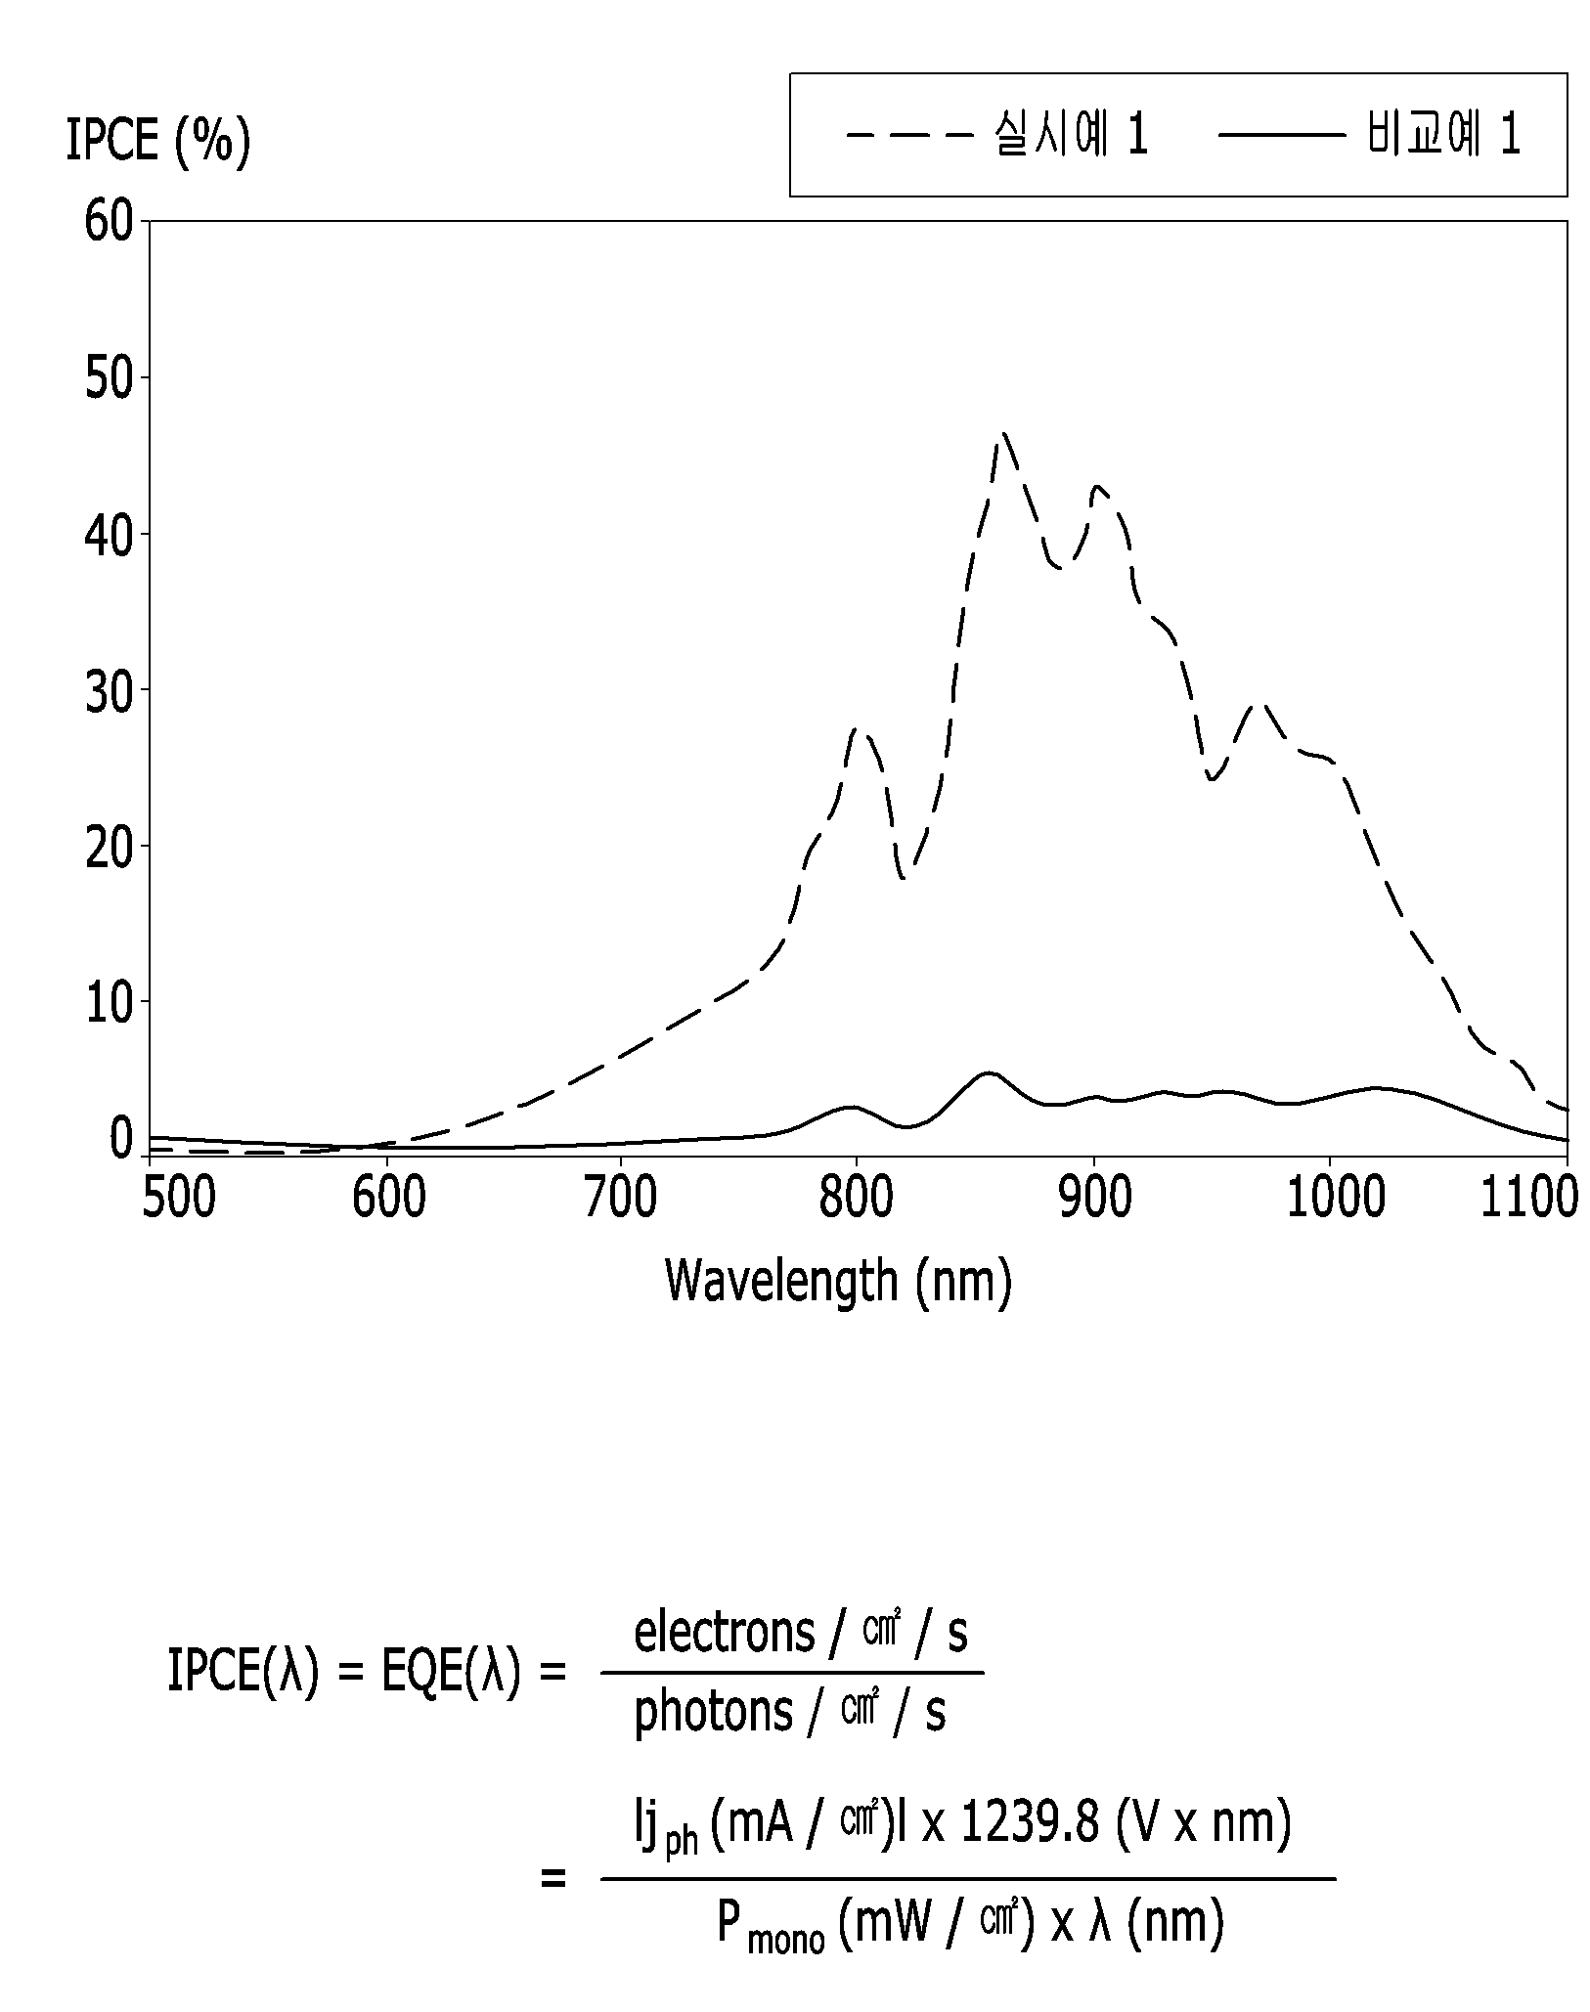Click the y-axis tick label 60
pos(108,223)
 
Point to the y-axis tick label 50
pos(108,379)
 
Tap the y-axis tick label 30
pos(108,691)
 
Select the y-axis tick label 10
pos(108,1003)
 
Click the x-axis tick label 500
pos(178,1198)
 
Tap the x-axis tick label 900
pos(1094,1198)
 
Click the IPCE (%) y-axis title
pos(158,141)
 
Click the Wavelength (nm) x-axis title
pos(838,1281)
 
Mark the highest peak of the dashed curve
pos(1004,433)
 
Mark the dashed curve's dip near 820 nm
pos(903,877)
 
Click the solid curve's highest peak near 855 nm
pos(990,1072)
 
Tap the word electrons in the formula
pos(725,1633)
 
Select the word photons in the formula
pos(713,1713)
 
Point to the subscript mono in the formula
pos(785,1938)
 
